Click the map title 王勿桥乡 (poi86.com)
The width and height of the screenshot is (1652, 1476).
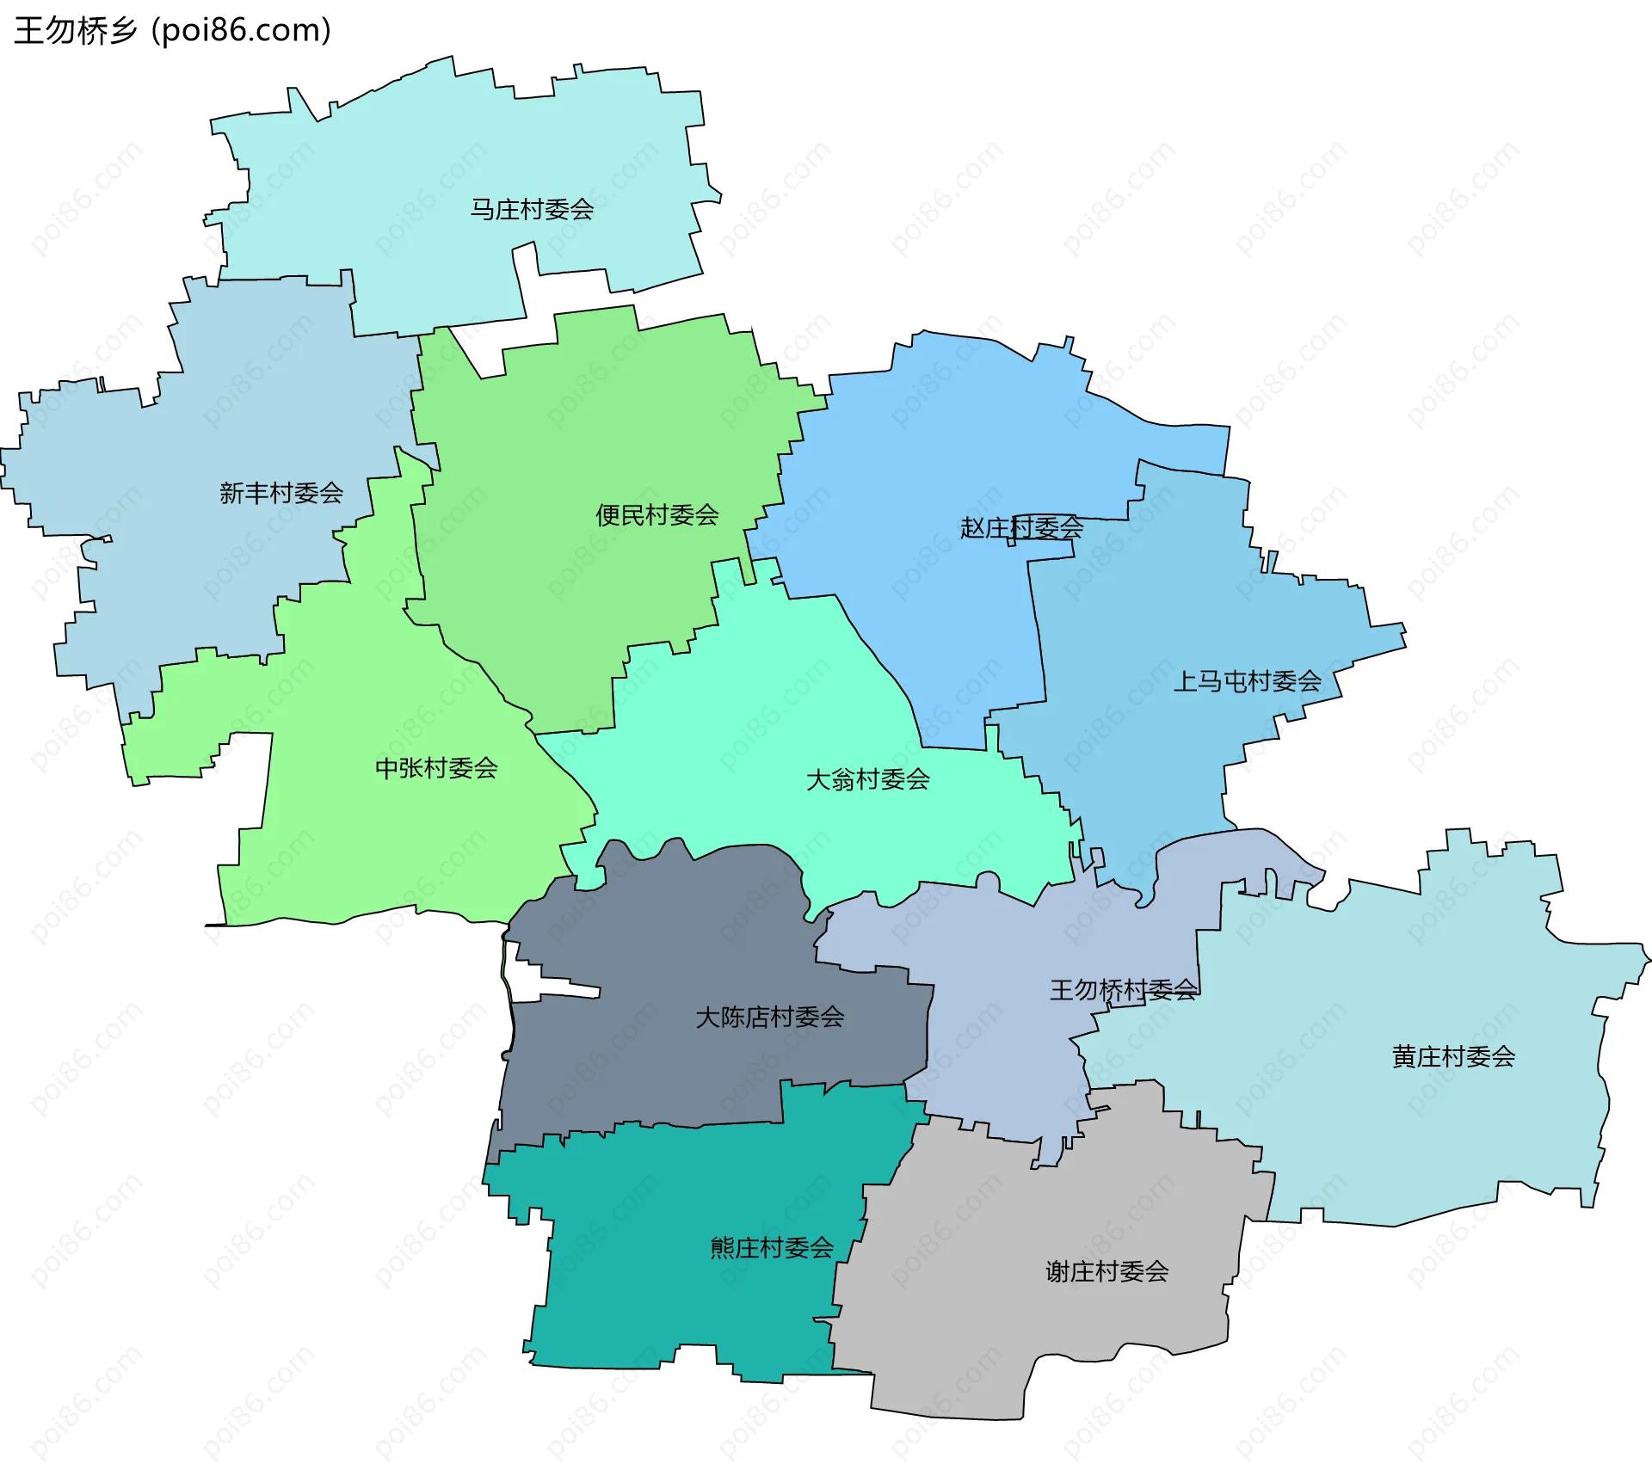tap(172, 31)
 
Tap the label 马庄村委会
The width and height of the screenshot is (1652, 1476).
tap(532, 209)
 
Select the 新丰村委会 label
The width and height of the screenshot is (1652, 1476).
tap(281, 493)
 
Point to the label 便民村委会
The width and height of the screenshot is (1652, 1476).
tap(657, 515)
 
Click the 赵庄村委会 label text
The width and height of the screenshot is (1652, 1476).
tap(1021, 527)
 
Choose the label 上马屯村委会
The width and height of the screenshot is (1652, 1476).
tap(1247, 681)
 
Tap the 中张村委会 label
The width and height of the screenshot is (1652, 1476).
tap(436, 767)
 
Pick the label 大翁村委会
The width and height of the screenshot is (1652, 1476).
tap(867, 779)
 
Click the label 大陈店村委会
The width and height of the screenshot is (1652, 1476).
tap(769, 1017)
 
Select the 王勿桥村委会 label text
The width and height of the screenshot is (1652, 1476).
tap(1123, 990)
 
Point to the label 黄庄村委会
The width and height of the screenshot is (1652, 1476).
tap(1453, 1056)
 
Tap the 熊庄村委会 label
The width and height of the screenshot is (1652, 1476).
tap(771, 1247)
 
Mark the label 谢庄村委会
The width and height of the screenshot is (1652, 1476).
tap(1106, 1270)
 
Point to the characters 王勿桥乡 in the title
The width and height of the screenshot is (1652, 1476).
tap(76, 31)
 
